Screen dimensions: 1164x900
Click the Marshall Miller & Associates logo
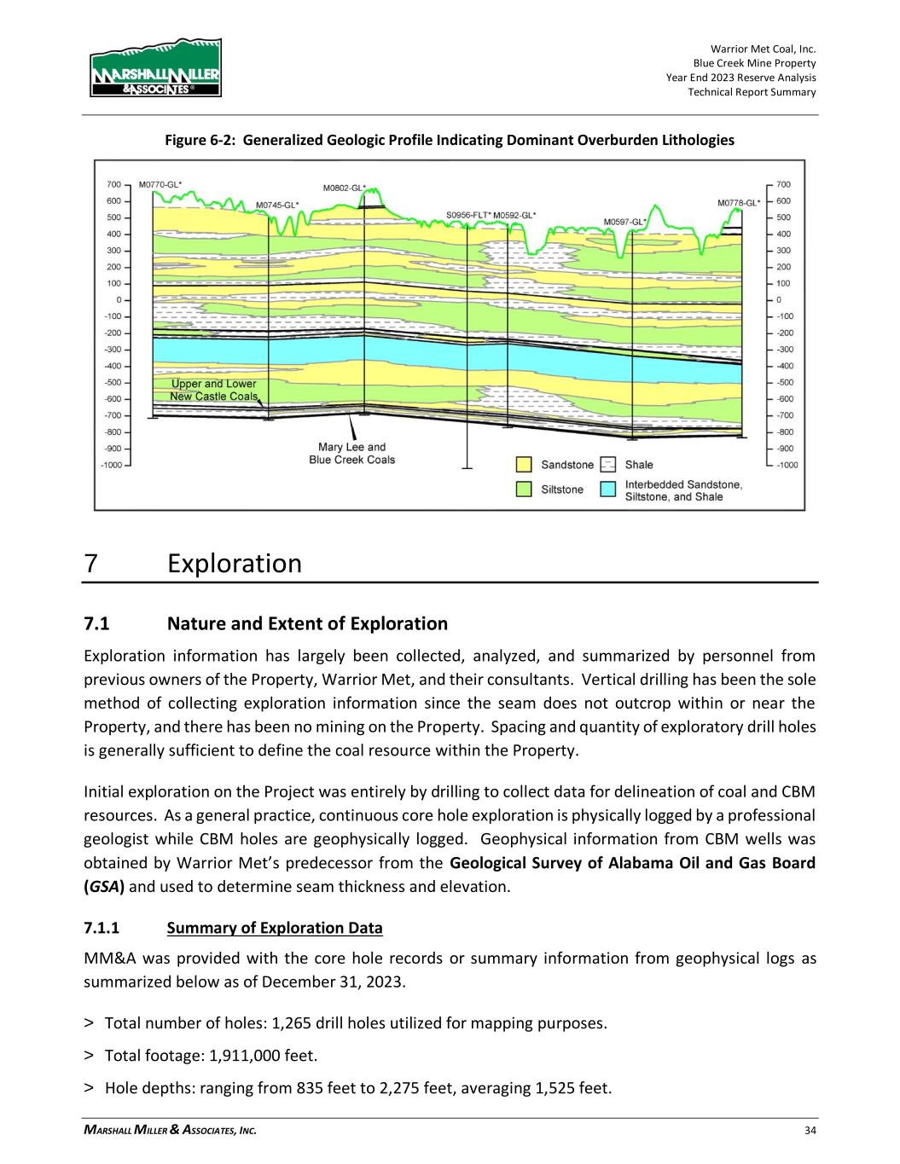coord(154,68)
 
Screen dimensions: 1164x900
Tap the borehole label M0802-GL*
coord(345,188)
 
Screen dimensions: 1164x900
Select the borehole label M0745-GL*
coord(278,205)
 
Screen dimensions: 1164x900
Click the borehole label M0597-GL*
coord(625,222)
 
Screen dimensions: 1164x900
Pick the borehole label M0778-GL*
coord(739,203)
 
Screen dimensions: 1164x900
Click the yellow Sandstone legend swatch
coord(524,465)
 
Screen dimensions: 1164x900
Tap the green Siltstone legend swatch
coord(524,489)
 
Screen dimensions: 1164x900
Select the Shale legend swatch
coord(608,465)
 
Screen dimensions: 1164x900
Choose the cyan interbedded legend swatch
coord(608,489)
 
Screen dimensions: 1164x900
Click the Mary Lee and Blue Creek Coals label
coord(351,453)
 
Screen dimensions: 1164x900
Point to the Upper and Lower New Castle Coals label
coord(213,390)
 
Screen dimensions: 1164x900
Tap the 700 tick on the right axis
coord(783,184)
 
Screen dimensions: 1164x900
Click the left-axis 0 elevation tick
coord(119,299)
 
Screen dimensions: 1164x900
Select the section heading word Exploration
coord(235,564)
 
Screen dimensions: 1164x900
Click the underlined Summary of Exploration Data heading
coord(276,928)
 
